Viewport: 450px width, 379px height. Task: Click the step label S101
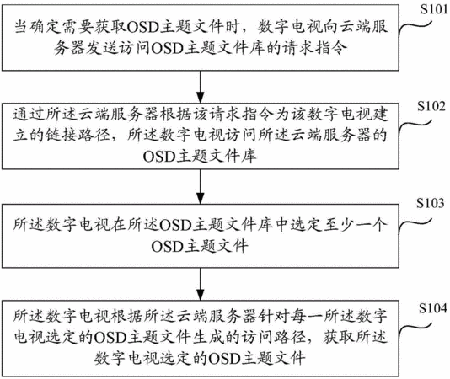point(434,10)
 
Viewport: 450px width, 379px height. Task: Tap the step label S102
point(431,106)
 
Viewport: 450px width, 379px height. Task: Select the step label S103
point(431,203)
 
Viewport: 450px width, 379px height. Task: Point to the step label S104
point(433,308)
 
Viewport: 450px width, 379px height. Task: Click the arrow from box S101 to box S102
point(201,87)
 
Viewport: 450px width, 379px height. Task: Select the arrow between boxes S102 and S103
point(201,186)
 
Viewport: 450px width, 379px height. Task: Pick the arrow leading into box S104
point(201,284)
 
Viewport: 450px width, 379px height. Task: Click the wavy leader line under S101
point(415,29)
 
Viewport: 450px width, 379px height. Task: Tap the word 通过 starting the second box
point(29,115)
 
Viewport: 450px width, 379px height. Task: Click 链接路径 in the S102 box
point(78,135)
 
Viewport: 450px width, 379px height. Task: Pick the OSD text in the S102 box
point(159,157)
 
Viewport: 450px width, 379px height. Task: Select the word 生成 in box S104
point(208,337)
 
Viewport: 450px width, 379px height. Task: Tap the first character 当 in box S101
point(22,27)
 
